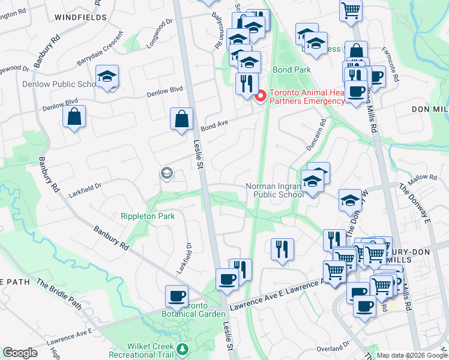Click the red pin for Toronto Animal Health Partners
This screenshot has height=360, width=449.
pyautogui.click(x=260, y=96)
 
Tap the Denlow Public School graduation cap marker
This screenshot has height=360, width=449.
pyautogui.click(x=108, y=77)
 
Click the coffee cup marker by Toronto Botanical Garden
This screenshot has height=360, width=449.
pyautogui.click(x=176, y=296)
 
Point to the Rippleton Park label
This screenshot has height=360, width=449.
pyautogui.click(x=148, y=216)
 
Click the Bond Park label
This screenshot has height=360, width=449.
pyautogui.click(x=292, y=70)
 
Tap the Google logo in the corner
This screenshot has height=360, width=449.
pyautogui.click(x=20, y=353)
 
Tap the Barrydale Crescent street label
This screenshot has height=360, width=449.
pyautogui.click(x=99, y=54)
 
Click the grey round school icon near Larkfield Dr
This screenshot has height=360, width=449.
pyautogui.click(x=166, y=174)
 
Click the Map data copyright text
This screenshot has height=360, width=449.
pyautogui.click(x=412, y=355)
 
